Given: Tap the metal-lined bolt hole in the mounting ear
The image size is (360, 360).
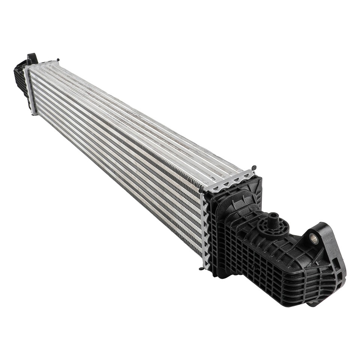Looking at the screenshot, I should click(313, 238).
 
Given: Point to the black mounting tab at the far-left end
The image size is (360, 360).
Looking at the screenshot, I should click(31, 58).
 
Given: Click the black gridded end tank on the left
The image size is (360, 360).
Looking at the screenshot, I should click(21, 81).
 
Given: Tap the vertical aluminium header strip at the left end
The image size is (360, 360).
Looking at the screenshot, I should click(30, 90).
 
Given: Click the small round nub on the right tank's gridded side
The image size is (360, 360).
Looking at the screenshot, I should click(253, 267).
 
